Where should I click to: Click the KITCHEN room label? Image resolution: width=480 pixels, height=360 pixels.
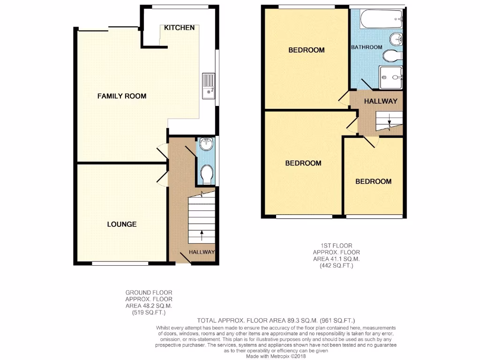179,28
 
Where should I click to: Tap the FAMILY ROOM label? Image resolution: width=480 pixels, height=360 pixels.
122,96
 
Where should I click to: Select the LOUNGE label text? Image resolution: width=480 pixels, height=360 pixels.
122,224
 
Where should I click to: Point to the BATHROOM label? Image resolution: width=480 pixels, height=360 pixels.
367,47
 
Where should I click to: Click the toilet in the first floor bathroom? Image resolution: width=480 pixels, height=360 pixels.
392,56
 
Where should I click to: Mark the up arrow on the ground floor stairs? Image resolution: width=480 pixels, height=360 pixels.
202,233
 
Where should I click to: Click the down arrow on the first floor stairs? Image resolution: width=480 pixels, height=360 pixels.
389,123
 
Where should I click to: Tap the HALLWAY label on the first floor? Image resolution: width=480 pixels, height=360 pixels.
381,101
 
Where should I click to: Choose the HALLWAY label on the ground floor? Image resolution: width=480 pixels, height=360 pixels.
202,252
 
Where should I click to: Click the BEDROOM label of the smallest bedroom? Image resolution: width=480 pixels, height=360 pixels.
373,181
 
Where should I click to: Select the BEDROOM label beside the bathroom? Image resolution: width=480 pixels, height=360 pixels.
306,50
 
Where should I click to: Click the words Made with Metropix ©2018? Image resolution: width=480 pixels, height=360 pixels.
275,356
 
